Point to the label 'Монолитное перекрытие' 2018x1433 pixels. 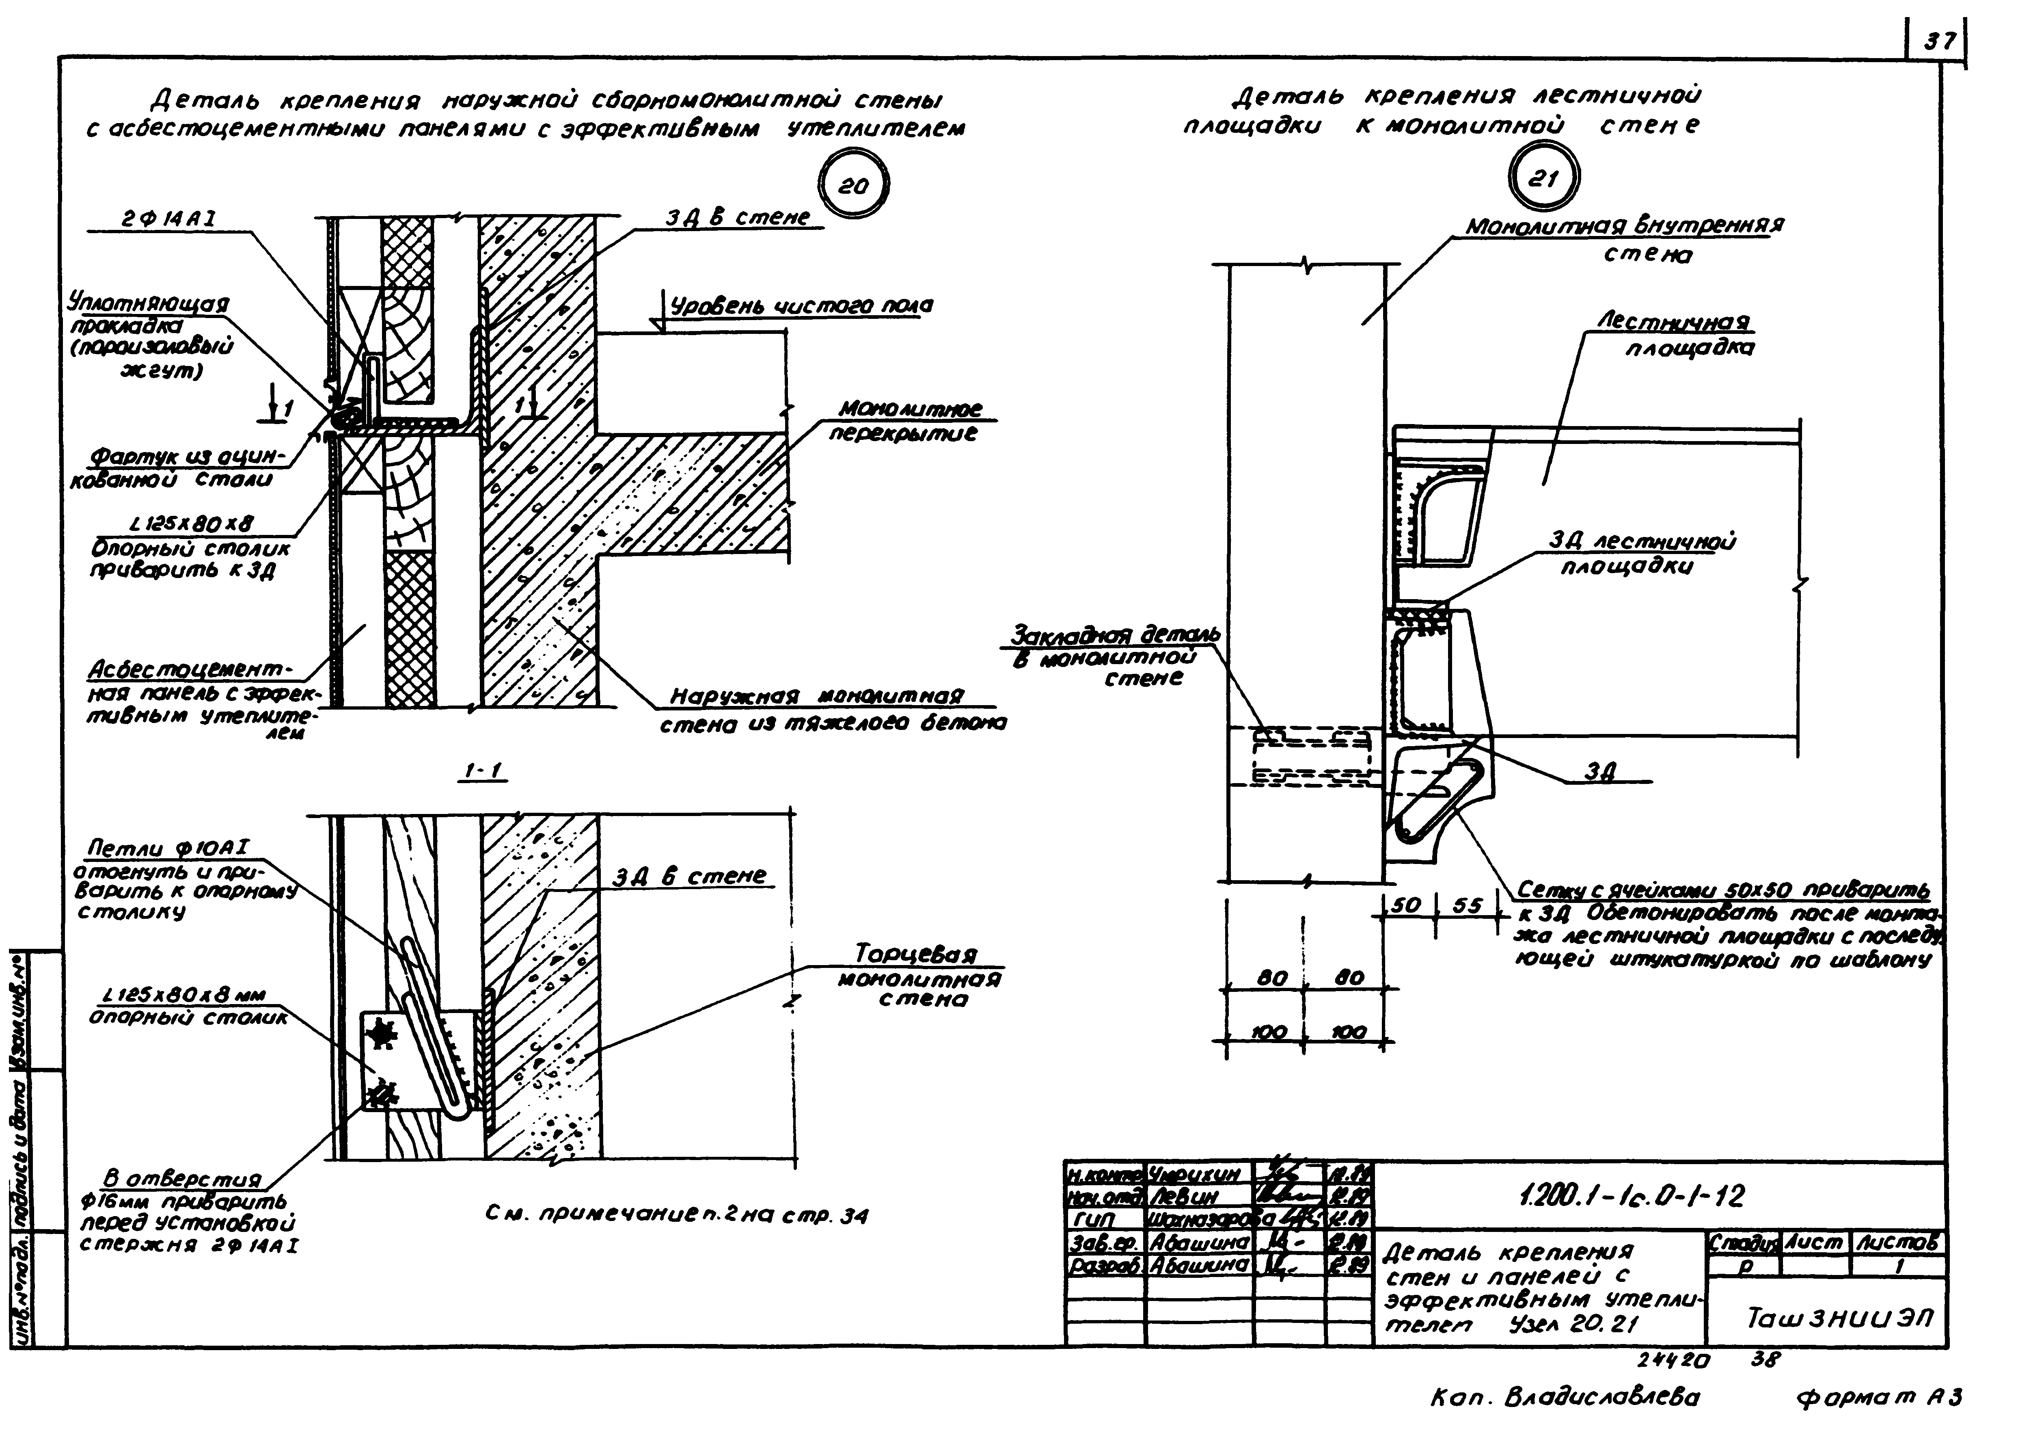click(909, 422)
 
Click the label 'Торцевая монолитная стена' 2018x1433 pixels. click(917, 977)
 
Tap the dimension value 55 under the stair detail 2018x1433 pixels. click(1467, 905)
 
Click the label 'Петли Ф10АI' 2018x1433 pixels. click(168, 848)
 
